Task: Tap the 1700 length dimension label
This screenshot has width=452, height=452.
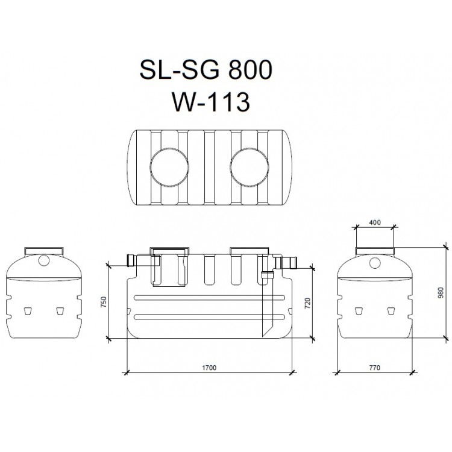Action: point(209,367)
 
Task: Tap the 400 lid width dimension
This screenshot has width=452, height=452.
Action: point(374,223)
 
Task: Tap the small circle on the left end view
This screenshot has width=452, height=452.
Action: point(43,260)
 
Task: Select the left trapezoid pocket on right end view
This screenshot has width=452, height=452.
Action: point(359,311)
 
